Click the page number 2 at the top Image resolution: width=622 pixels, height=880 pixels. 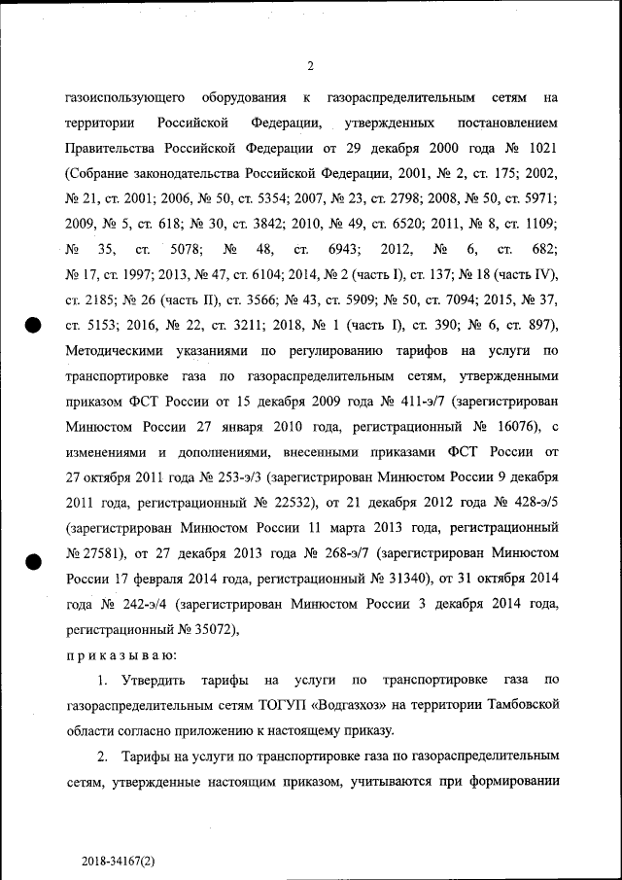(x=310, y=66)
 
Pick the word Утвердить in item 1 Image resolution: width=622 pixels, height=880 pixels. (x=157, y=678)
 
